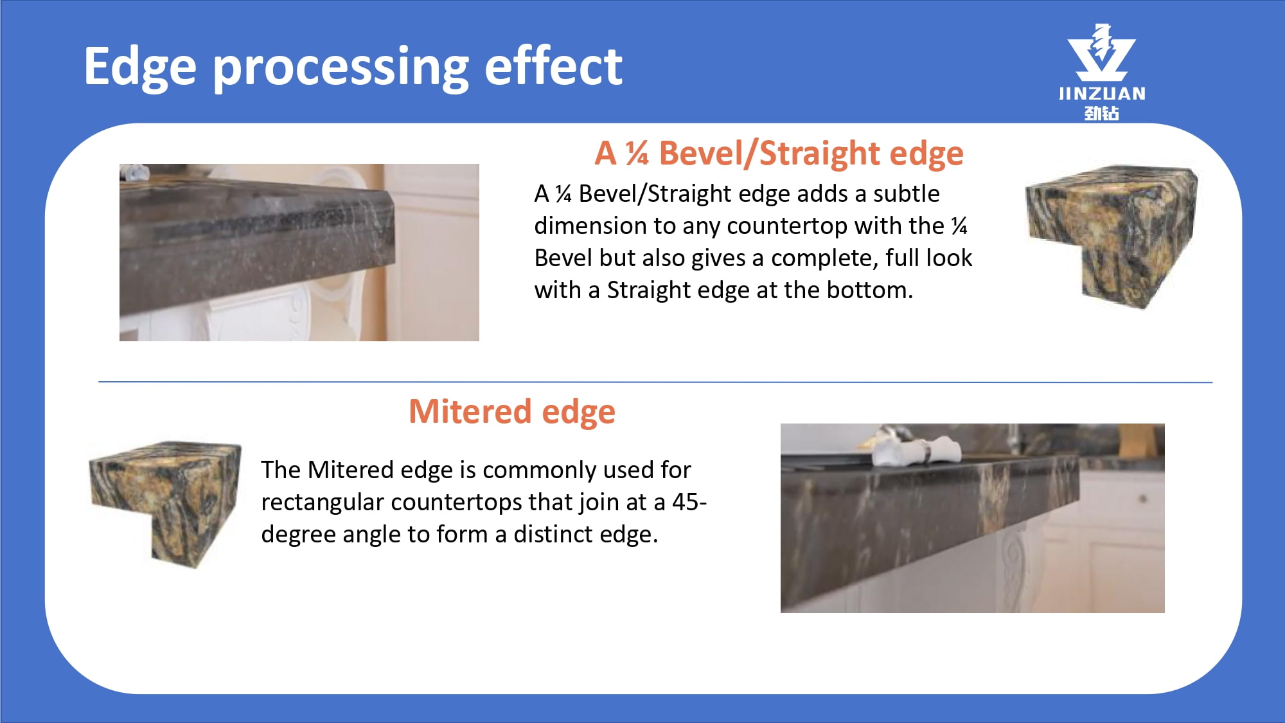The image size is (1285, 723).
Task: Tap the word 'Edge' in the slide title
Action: pos(140,67)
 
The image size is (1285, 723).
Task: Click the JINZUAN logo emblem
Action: pos(1101,53)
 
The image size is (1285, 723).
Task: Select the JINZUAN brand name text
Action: pos(1102,94)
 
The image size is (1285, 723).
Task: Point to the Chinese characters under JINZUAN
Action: pos(1102,113)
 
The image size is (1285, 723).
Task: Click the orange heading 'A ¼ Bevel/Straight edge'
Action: pos(779,154)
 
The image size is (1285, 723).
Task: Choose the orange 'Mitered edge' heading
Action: pos(512,412)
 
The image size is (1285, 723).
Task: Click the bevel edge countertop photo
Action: pos(299,253)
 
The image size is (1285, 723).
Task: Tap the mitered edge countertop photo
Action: pos(972,518)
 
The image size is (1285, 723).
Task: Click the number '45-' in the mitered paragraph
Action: pos(689,502)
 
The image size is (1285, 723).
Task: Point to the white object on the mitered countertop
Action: pos(916,448)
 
